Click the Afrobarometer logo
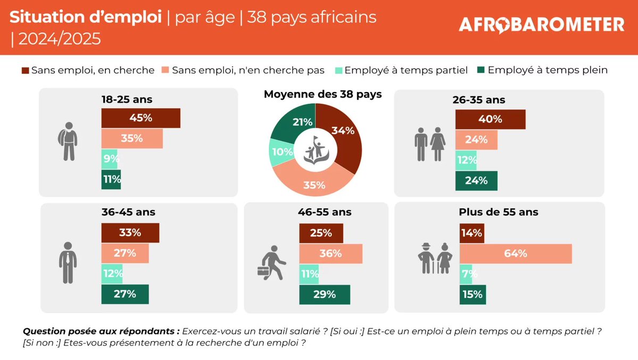point(541,24)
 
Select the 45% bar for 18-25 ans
point(140,118)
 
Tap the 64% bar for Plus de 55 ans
point(515,254)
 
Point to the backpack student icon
point(68,141)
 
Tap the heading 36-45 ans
point(128,212)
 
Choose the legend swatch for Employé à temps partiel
point(338,70)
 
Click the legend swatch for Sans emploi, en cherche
point(25,70)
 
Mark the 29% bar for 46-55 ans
point(325,295)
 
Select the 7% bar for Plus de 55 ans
point(466,274)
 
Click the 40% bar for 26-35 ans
point(490,119)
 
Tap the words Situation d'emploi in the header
point(85,17)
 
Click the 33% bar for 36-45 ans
point(130,233)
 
